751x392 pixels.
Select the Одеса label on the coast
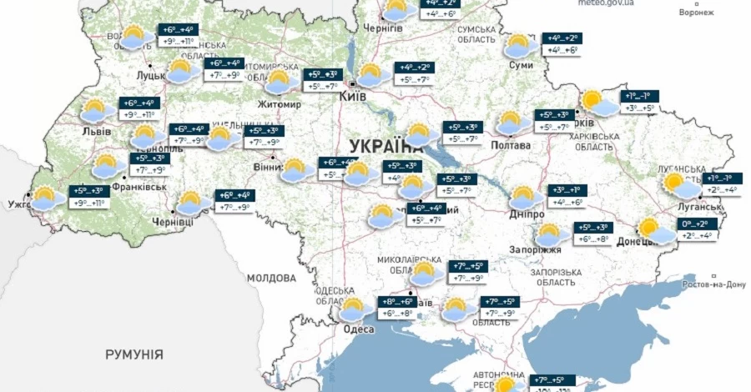[359, 329]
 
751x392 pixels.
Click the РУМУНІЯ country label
[134, 354]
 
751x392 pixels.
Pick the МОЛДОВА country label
[271, 277]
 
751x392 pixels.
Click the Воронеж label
[697, 13]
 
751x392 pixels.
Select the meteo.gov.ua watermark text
[606, 3]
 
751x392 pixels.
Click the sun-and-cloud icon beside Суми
[519, 45]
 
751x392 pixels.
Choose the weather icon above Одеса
[354, 309]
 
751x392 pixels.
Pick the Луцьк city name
[154, 76]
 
